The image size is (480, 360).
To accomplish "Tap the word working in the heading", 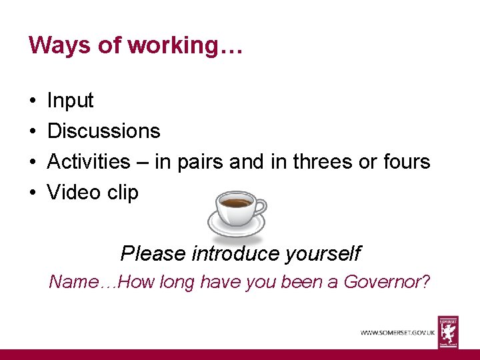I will click(169, 46).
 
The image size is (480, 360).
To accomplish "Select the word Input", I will click(70, 101).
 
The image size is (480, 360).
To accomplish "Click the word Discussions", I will click(104, 131).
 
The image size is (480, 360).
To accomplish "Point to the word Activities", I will click(89, 161).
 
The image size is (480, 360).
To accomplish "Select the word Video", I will click(75, 193).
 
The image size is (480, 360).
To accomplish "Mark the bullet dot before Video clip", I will click(33, 193).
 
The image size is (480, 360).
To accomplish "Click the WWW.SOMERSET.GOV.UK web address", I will click(397, 332).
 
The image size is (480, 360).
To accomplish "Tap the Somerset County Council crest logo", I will click(448, 331).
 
